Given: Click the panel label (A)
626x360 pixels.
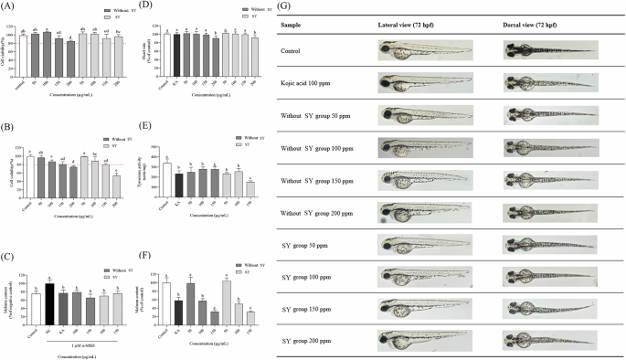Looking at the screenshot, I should click(x=11, y=9).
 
